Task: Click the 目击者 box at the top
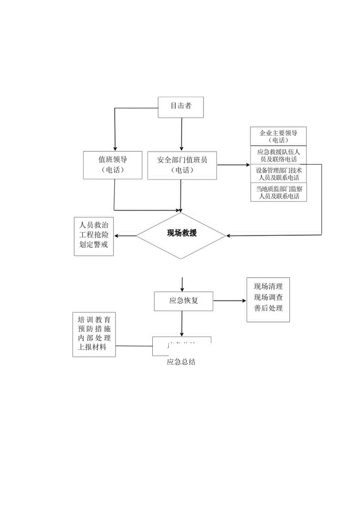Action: [181, 106]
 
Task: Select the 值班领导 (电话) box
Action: [113, 165]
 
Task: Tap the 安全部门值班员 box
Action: [182, 165]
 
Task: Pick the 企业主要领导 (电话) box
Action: [278, 136]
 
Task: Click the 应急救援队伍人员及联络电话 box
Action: [278, 155]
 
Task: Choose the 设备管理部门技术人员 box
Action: [278, 174]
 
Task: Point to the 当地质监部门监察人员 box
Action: [278, 192]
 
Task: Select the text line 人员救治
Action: [94, 225]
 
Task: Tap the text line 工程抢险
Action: [94, 236]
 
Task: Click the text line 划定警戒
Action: [94, 246]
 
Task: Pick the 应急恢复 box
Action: [183, 301]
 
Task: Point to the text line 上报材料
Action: [94, 347]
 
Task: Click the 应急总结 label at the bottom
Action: [181, 362]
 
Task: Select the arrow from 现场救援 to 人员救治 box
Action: [125, 236]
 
